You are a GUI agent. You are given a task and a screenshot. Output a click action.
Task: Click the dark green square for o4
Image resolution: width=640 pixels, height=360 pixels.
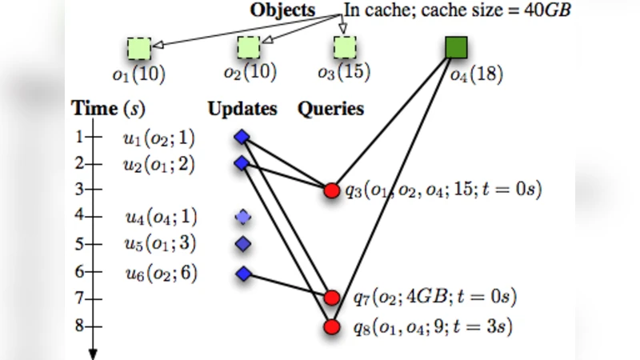(457, 48)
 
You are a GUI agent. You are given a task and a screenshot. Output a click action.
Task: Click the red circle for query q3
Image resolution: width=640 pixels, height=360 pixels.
(332, 190)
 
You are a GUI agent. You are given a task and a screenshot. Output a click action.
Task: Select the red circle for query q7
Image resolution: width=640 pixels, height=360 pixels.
(332, 298)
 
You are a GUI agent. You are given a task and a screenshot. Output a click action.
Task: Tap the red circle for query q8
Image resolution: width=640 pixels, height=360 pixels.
(332, 326)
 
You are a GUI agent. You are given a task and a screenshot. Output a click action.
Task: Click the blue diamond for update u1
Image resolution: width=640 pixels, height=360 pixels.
(242, 138)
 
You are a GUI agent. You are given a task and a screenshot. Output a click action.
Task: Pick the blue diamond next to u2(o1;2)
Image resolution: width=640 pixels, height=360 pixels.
(242, 164)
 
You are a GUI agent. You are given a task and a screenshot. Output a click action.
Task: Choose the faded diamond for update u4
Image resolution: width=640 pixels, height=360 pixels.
(243, 217)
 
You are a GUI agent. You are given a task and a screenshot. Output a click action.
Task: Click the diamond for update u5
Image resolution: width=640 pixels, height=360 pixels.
(243, 243)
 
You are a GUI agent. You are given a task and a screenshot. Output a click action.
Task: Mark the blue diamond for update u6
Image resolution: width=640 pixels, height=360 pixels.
(243, 274)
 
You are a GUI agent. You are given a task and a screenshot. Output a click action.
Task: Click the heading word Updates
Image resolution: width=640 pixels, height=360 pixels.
(243, 109)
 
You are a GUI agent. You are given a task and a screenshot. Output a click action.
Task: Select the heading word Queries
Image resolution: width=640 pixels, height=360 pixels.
(330, 109)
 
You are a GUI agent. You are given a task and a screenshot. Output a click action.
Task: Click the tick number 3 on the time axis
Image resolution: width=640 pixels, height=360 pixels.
(79, 190)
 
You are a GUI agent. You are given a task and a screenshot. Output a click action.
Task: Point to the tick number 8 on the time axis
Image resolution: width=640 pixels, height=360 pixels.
(79, 326)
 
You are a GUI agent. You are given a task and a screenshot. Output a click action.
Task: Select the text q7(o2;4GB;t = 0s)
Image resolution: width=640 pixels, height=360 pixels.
(434, 298)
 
